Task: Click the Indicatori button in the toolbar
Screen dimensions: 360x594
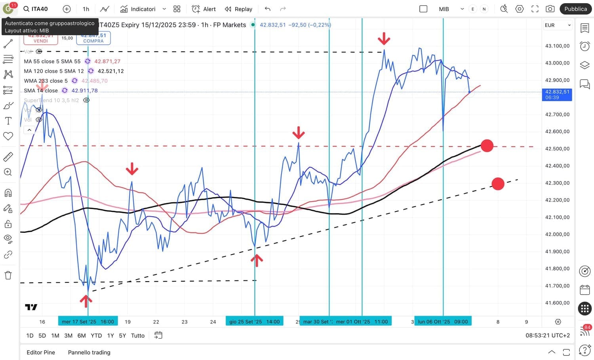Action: tap(138, 9)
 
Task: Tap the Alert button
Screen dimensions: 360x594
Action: tap(204, 9)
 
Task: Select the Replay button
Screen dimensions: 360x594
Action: tap(238, 9)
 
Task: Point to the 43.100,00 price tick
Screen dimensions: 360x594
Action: tap(557, 46)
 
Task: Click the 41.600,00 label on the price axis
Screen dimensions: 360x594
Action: tap(557, 303)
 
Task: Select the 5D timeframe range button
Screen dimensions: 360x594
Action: tap(42, 335)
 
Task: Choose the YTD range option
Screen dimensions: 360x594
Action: tap(96, 335)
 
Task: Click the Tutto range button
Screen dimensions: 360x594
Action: tap(138, 335)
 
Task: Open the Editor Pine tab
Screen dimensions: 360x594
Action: tap(41, 352)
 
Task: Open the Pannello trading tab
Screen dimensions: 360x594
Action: tap(89, 352)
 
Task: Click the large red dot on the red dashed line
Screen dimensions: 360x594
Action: tap(487, 146)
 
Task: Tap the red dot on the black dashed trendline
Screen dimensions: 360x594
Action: tap(498, 183)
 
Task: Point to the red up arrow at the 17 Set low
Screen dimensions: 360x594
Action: tap(86, 301)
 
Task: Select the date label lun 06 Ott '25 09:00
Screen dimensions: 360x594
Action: tap(443, 322)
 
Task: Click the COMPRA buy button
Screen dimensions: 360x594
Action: tap(93, 38)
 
